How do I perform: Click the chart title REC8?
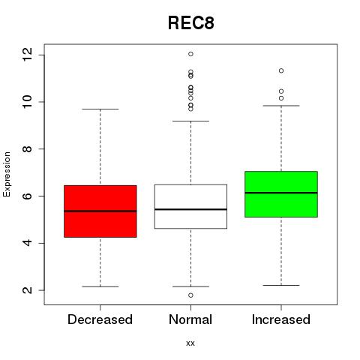point(191,23)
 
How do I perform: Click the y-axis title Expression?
point(7,174)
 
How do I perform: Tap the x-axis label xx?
point(190,343)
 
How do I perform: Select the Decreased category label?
point(100,319)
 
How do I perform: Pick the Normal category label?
point(190,319)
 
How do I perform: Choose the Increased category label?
point(281,319)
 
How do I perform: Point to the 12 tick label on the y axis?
point(28,55)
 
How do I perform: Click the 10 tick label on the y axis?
point(28,102)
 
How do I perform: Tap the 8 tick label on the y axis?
point(28,149)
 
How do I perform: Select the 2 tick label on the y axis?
point(28,290)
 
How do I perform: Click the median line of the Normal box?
point(190,209)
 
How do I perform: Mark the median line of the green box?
point(281,193)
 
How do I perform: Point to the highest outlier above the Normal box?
point(190,54)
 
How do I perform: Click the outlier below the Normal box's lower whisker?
point(190,295)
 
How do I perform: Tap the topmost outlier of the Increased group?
point(281,70)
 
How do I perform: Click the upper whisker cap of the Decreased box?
point(100,109)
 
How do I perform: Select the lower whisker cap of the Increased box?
point(281,285)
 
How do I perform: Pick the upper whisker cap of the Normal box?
point(190,121)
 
